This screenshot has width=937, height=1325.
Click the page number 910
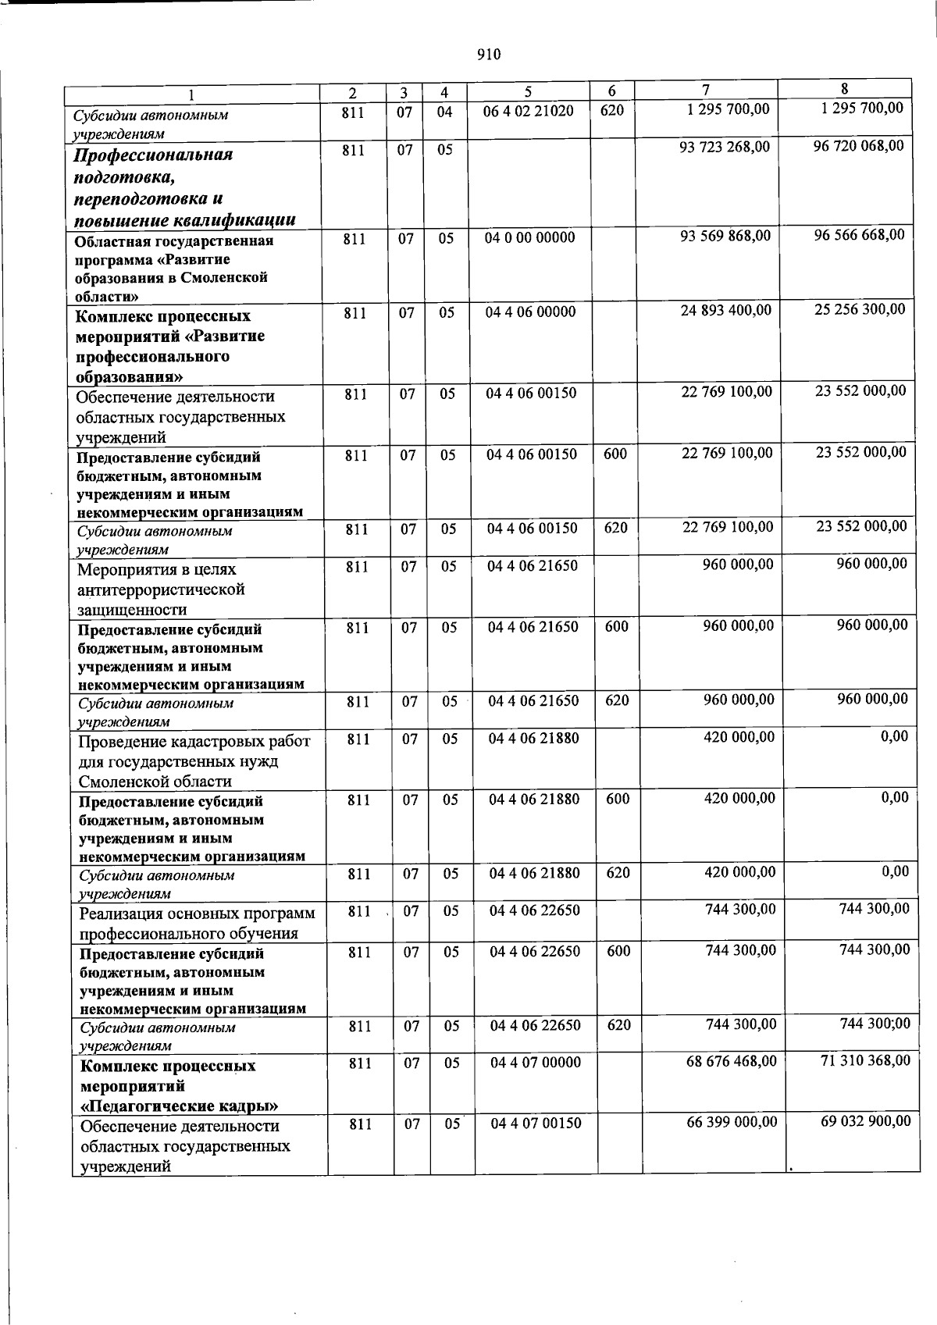coord(487,54)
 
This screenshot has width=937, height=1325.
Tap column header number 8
coord(845,88)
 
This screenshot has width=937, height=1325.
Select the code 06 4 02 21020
coord(529,112)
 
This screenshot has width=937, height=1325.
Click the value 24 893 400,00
coord(726,311)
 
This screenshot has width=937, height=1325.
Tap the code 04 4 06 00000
coord(530,312)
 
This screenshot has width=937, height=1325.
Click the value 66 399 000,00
coord(731,1121)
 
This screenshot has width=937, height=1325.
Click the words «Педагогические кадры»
coord(180,1106)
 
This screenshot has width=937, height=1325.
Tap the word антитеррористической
coord(161,589)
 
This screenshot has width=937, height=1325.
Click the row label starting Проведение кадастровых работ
coord(194,741)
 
